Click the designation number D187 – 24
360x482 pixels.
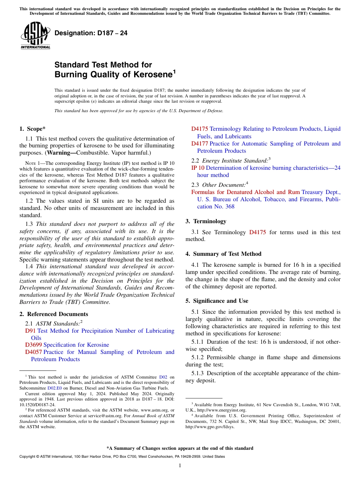click(x=91, y=33)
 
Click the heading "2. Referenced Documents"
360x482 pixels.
click(x=53, y=314)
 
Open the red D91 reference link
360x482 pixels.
click(x=30, y=331)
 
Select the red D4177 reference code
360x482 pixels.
click(x=200, y=144)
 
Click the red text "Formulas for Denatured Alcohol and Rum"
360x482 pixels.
click(x=245, y=192)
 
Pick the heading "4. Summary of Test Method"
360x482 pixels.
click(x=223, y=254)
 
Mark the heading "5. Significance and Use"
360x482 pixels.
click(x=217, y=301)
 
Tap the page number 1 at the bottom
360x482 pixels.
click(x=180, y=466)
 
